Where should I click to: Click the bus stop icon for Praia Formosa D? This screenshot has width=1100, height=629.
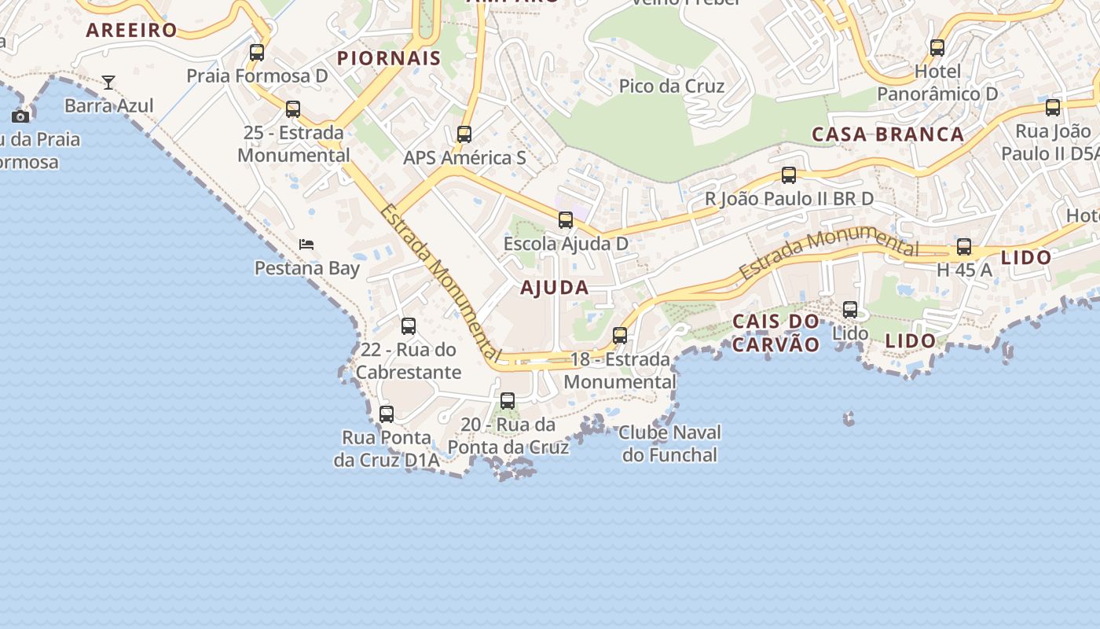(257, 53)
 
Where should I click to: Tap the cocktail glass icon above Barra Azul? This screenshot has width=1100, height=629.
(108, 82)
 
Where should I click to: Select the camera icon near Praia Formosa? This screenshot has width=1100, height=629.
(20, 116)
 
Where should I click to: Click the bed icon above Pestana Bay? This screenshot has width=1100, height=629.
(306, 245)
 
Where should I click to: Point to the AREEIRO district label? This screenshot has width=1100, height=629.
(132, 31)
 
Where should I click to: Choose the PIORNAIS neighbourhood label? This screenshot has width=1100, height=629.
(389, 58)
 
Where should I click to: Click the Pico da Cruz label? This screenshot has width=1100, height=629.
(672, 86)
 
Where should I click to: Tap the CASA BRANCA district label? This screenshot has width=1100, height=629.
(888, 134)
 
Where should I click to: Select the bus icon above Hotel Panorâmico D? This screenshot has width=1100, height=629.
(937, 48)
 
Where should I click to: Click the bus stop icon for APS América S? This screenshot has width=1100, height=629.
(464, 134)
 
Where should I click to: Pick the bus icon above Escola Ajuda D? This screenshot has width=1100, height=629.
(566, 220)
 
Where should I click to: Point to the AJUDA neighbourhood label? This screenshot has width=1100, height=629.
(555, 288)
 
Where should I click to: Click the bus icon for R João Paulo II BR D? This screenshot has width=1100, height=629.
(789, 175)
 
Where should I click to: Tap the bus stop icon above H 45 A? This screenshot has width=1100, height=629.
(964, 247)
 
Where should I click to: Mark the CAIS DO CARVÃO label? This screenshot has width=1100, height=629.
(776, 333)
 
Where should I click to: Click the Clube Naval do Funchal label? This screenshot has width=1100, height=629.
(669, 443)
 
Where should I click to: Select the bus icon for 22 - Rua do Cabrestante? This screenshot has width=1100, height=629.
(409, 326)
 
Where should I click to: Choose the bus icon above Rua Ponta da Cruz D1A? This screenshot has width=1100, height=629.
(387, 414)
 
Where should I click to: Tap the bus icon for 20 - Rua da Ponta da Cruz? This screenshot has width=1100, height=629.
(508, 401)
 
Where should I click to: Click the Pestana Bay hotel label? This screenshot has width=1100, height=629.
(307, 268)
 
